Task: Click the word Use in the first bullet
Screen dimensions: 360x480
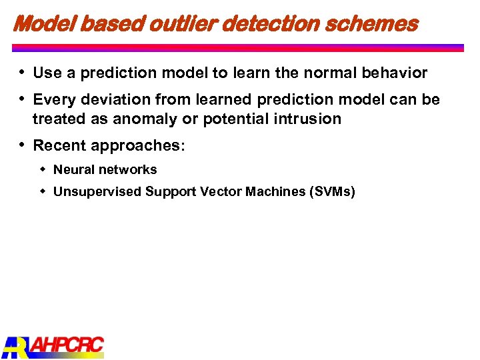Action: [47, 73]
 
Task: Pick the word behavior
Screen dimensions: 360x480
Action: [398, 73]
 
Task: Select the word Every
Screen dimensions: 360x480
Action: [53, 100]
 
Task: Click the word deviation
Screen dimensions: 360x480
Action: [113, 100]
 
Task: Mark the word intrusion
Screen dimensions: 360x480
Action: [309, 119]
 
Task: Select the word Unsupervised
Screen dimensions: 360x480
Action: [97, 192]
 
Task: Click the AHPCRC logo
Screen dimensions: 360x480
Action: [53, 345]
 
